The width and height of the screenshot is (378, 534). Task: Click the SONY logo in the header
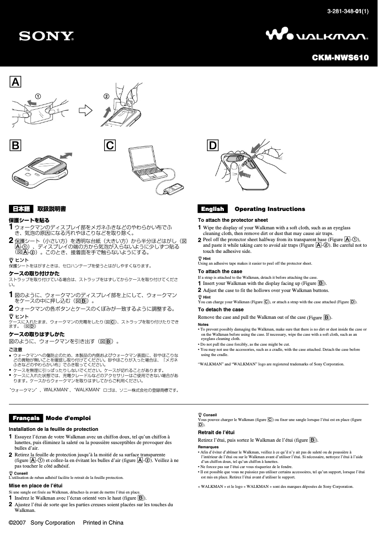tap(46, 36)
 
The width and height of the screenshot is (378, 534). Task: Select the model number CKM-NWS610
tap(340, 58)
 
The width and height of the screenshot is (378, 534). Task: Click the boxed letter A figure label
tap(16, 82)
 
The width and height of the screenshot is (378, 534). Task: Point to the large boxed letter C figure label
tap(110, 146)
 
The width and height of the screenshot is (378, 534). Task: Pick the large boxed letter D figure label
tap(213, 146)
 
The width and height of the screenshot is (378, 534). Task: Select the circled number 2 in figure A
tap(107, 97)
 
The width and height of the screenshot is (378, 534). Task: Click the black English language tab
tap(213, 209)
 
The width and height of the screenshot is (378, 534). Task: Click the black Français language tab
tap(25, 418)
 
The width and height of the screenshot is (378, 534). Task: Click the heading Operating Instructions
tap(270, 209)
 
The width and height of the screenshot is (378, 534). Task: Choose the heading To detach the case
tap(221, 309)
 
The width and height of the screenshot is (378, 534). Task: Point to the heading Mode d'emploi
tap(68, 418)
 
